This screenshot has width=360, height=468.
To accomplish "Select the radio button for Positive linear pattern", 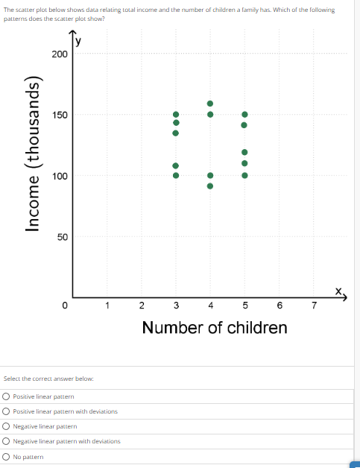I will click(6, 396).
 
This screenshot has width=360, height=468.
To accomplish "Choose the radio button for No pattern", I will click(6, 456).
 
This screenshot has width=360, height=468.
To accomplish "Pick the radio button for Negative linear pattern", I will click(6, 426).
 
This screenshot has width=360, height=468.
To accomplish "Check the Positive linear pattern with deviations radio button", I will click(6, 411).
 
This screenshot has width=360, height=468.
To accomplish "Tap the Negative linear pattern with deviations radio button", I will click(6, 441).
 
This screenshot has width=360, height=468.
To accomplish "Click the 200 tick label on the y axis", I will click(60, 54).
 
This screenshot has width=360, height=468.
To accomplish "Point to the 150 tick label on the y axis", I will click(60, 115).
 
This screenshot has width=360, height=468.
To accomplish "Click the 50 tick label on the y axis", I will click(62, 237).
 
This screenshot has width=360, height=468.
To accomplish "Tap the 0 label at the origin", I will click(65, 305).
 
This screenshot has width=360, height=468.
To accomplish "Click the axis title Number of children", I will click(214, 328).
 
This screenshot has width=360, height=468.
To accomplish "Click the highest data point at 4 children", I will click(210, 104).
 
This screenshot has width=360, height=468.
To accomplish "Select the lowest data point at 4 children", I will click(210, 186).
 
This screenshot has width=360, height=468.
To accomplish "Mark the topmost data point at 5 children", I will click(244, 115).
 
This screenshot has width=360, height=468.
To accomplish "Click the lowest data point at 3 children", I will click(176, 176).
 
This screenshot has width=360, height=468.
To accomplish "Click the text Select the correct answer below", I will click(48, 379).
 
